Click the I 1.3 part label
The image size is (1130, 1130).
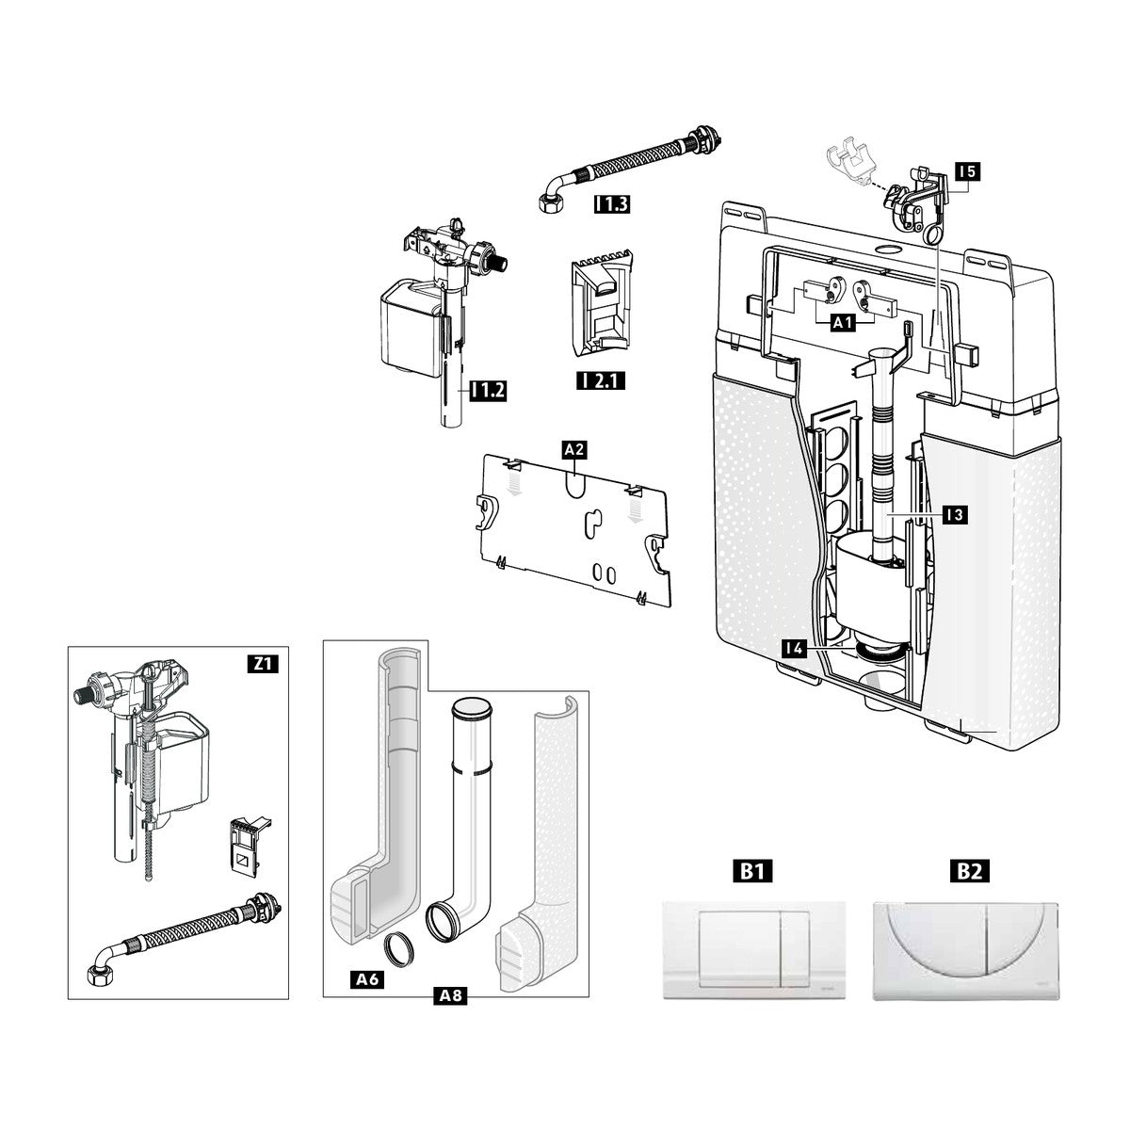tap(612, 203)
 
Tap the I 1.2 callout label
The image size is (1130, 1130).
tap(488, 391)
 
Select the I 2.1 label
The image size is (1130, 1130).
tap(601, 381)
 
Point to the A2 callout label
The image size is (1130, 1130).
tap(574, 450)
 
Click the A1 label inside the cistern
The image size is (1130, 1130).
tap(843, 323)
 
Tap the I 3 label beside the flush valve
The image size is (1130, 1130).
tap(955, 515)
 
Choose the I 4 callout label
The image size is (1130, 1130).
tap(795, 649)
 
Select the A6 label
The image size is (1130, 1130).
tap(367, 978)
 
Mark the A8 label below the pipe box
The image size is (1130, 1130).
tap(450, 995)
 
